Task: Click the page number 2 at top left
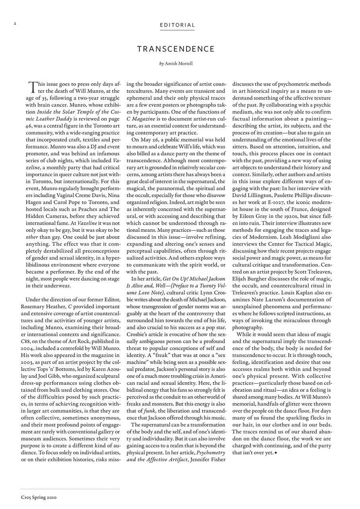[14, 23]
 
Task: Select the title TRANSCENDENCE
[176, 49]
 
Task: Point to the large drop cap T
[33, 86]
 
